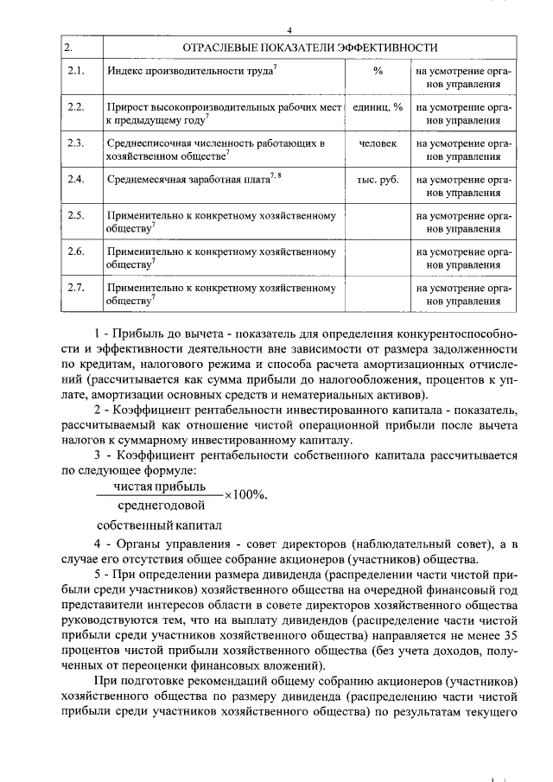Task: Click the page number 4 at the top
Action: (277, 30)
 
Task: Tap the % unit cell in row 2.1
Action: (378, 70)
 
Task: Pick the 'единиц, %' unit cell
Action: (378, 106)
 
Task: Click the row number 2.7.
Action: (75, 287)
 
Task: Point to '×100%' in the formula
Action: (246, 495)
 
